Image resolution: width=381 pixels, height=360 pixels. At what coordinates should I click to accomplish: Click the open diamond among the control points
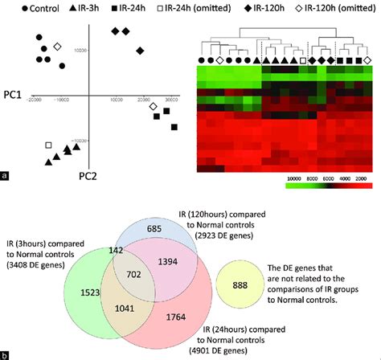click(57, 47)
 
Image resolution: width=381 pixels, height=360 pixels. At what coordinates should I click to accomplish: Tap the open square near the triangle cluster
click(49, 145)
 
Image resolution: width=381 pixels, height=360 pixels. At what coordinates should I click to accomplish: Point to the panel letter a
click(6, 174)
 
